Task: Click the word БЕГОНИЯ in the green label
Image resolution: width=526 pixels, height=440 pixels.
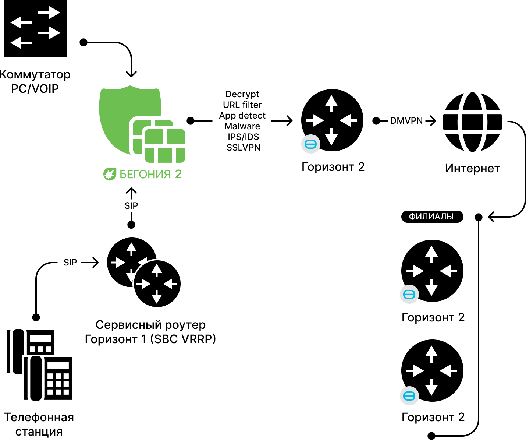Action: click(x=145, y=174)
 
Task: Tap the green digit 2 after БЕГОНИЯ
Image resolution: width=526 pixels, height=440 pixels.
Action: click(x=178, y=174)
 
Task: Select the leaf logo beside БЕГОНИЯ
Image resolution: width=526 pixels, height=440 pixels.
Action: click(x=110, y=174)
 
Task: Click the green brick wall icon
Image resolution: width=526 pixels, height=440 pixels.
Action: click(x=165, y=146)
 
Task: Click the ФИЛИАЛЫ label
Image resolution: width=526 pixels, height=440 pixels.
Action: click(x=431, y=217)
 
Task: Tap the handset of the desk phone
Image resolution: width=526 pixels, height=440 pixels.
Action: click(x=36, y=378)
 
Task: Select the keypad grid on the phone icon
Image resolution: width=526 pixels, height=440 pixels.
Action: click(x=58, y=384)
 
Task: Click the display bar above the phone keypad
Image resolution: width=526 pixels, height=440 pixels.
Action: click(x=58, y=366)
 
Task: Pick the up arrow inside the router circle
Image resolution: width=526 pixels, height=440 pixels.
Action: click(x=157, y=270)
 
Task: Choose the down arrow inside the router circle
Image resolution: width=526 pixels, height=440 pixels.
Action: click(x=157, y=297)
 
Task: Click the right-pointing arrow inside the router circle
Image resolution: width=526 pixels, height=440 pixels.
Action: click(x=143, y=284)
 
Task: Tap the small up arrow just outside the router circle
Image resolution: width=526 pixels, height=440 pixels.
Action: click(x=131, y=249)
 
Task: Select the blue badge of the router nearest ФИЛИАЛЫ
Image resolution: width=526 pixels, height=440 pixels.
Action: click(x=409, y=294)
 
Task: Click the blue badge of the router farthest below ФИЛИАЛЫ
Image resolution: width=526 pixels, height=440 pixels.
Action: click(x=409, y=396)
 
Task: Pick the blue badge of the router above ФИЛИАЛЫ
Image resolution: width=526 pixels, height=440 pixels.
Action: click(x=311, y=144)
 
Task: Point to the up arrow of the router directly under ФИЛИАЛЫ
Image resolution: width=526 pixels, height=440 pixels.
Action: click(x=431, y=253)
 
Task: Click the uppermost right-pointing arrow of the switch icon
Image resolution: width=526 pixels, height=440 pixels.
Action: click(x=49, y=13)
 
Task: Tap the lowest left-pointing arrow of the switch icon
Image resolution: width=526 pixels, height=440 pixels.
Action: click(x=21, y=43)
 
